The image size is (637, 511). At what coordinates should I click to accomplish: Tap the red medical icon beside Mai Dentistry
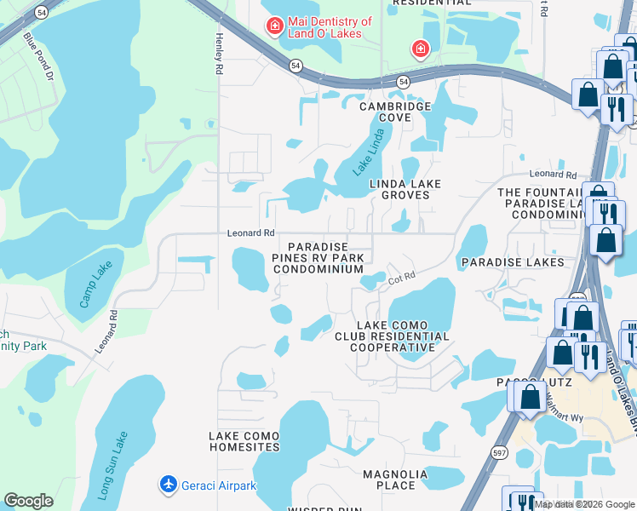[x=275, y=26]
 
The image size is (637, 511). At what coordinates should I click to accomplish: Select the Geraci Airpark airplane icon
[x=169, y=485]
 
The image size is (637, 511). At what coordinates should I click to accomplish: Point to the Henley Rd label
[x=219, y=54]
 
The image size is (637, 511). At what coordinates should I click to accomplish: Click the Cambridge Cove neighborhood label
[x=395, y=112]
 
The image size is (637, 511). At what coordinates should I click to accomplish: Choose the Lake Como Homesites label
[x=244, y=441]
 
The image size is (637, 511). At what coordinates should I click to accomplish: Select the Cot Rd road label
[x=401, y=277]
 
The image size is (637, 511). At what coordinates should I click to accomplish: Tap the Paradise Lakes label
[x=514, y=262]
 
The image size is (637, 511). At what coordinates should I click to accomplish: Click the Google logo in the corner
[x=28, y=501]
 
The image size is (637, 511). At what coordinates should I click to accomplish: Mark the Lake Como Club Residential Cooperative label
[x=392, y=336]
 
